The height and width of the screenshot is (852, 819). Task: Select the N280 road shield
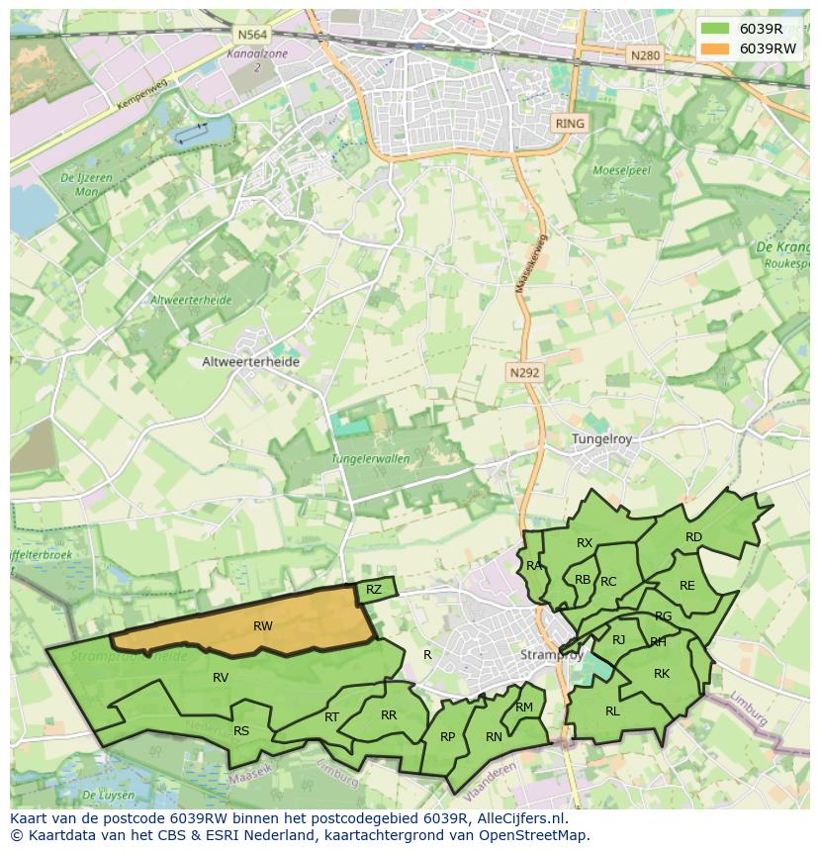tap(644, 55)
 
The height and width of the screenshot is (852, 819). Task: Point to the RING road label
tap(571, 124)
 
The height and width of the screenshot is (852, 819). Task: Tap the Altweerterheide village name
tap(250, 362)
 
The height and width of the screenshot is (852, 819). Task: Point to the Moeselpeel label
tap(620, 170)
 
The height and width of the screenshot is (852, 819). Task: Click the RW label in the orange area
tap(262, 625)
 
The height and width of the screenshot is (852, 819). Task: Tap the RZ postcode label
tap(373, 590)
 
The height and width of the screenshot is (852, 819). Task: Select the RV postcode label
tap(221, 678)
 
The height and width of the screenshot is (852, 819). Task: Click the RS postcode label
tap(241, 731)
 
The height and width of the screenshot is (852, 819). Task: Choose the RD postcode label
tap(693, 537)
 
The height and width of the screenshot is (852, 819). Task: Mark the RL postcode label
tap(612, 710)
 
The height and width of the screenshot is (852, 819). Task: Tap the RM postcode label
tap(524, 707)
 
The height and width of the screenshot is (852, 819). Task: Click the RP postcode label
tap(448, 736)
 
